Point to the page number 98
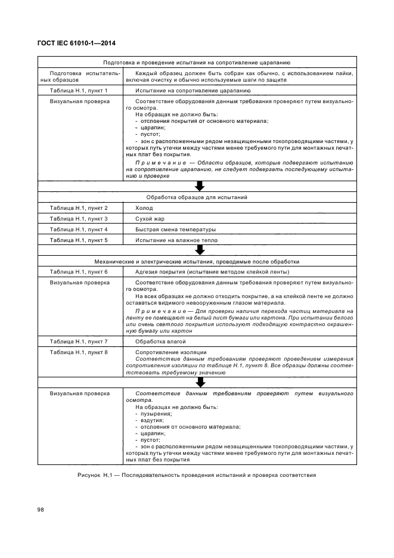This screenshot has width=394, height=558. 41,510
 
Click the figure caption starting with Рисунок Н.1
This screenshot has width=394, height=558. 197,475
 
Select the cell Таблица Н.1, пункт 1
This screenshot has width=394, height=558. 79,91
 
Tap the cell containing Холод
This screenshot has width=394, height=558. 144,208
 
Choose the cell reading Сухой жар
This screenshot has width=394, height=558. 151,219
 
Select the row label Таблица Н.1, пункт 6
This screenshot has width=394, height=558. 79,272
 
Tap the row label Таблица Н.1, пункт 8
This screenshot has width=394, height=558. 79,352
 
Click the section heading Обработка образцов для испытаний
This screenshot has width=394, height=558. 197,197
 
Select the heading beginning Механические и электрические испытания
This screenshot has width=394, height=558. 197,261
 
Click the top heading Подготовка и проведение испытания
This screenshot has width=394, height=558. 197,62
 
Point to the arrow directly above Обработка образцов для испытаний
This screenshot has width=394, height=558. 200,186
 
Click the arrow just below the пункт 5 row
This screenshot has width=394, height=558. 200,250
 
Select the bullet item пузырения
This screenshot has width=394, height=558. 156,413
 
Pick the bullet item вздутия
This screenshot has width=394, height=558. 153,420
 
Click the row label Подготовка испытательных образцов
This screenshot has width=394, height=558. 79,76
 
